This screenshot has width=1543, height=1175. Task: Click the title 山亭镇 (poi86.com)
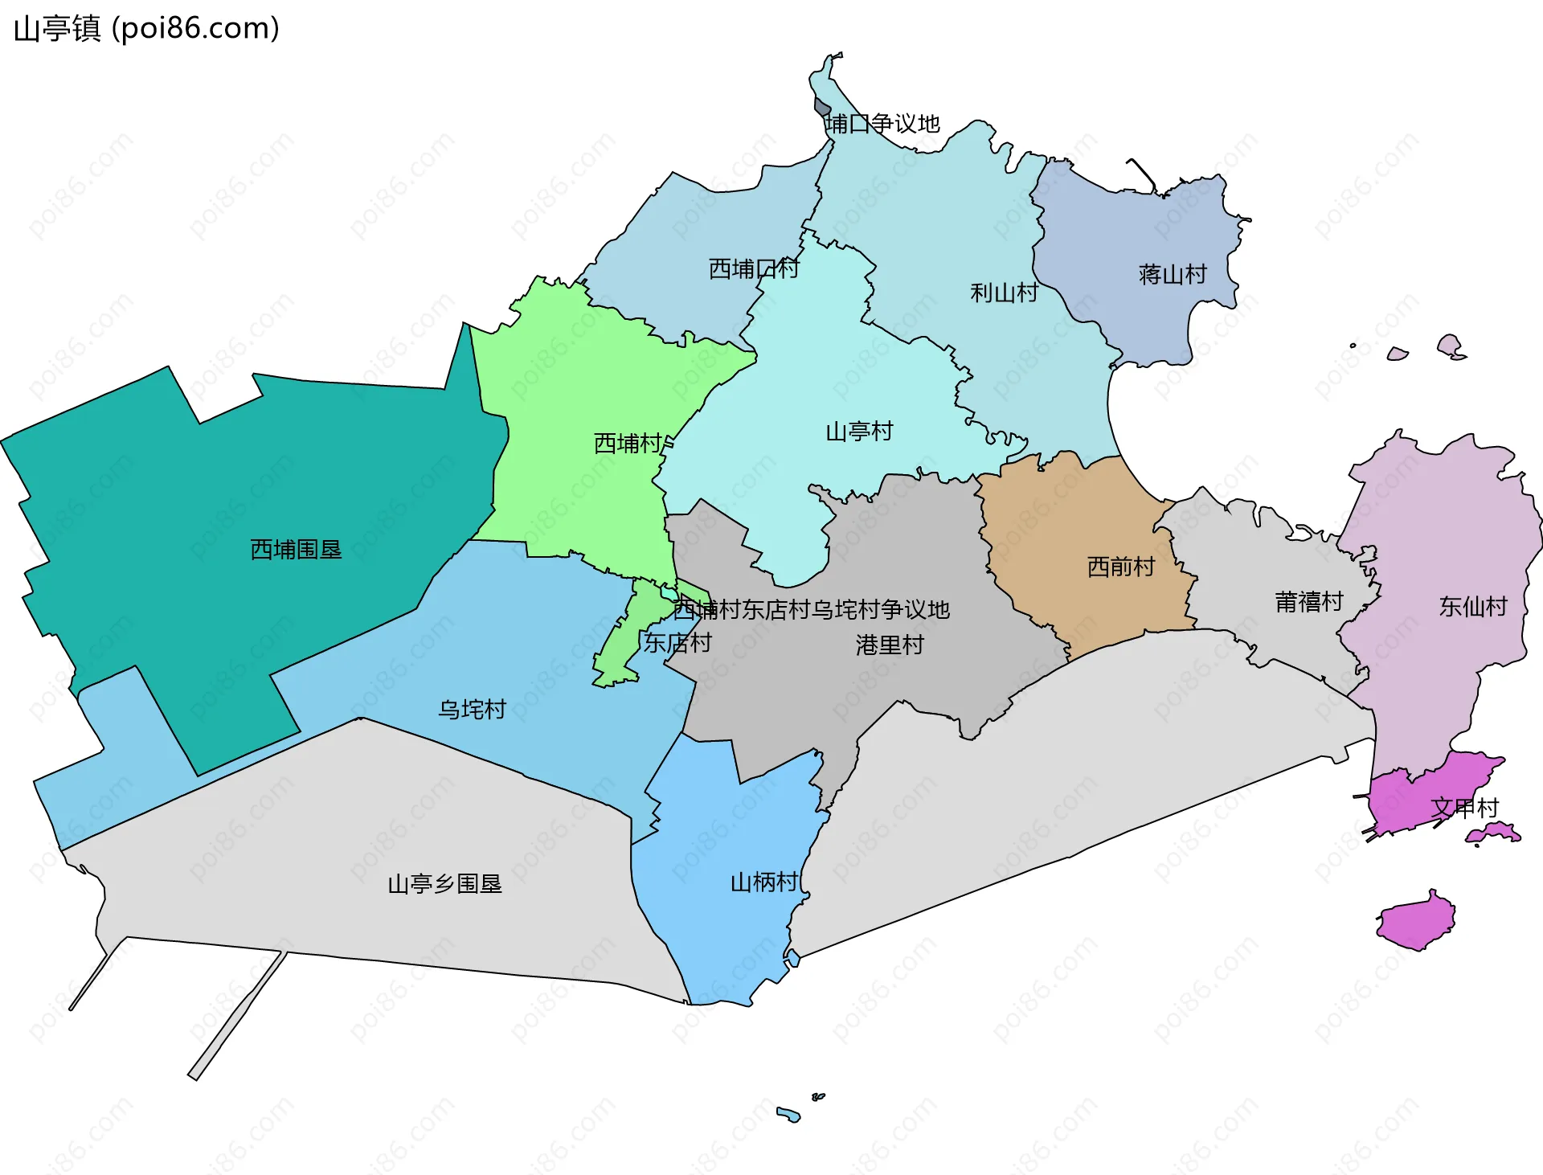click(146, 29)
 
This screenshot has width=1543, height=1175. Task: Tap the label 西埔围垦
click(296, 550)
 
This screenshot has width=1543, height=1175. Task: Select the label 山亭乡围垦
click(444, 884)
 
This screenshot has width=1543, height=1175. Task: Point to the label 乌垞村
click(472, 710)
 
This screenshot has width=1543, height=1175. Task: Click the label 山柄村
click(763, 882)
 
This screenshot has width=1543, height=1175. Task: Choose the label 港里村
click(890, 645)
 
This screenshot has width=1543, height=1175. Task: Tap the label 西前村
click(1120, 567)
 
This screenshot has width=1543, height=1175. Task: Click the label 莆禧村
click(1308, 602)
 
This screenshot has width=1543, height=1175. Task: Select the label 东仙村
click(1472, 607)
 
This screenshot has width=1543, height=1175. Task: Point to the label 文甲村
click(1464, 808)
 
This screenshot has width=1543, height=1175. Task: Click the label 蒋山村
click(1173, 275)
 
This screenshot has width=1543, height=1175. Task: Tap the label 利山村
click(1004, 293)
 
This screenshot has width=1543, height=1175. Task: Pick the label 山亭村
click(859, 432)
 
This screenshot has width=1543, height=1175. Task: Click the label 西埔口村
click(753, 268)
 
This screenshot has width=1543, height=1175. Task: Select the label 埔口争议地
click(882, 124)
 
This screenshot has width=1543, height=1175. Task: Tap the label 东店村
click(677, 643)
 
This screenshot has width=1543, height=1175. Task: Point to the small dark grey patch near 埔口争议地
click(821, 107)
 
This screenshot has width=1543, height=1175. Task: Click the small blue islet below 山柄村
click(788, 1114)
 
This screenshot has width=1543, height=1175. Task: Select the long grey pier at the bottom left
click(237, 1015)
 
